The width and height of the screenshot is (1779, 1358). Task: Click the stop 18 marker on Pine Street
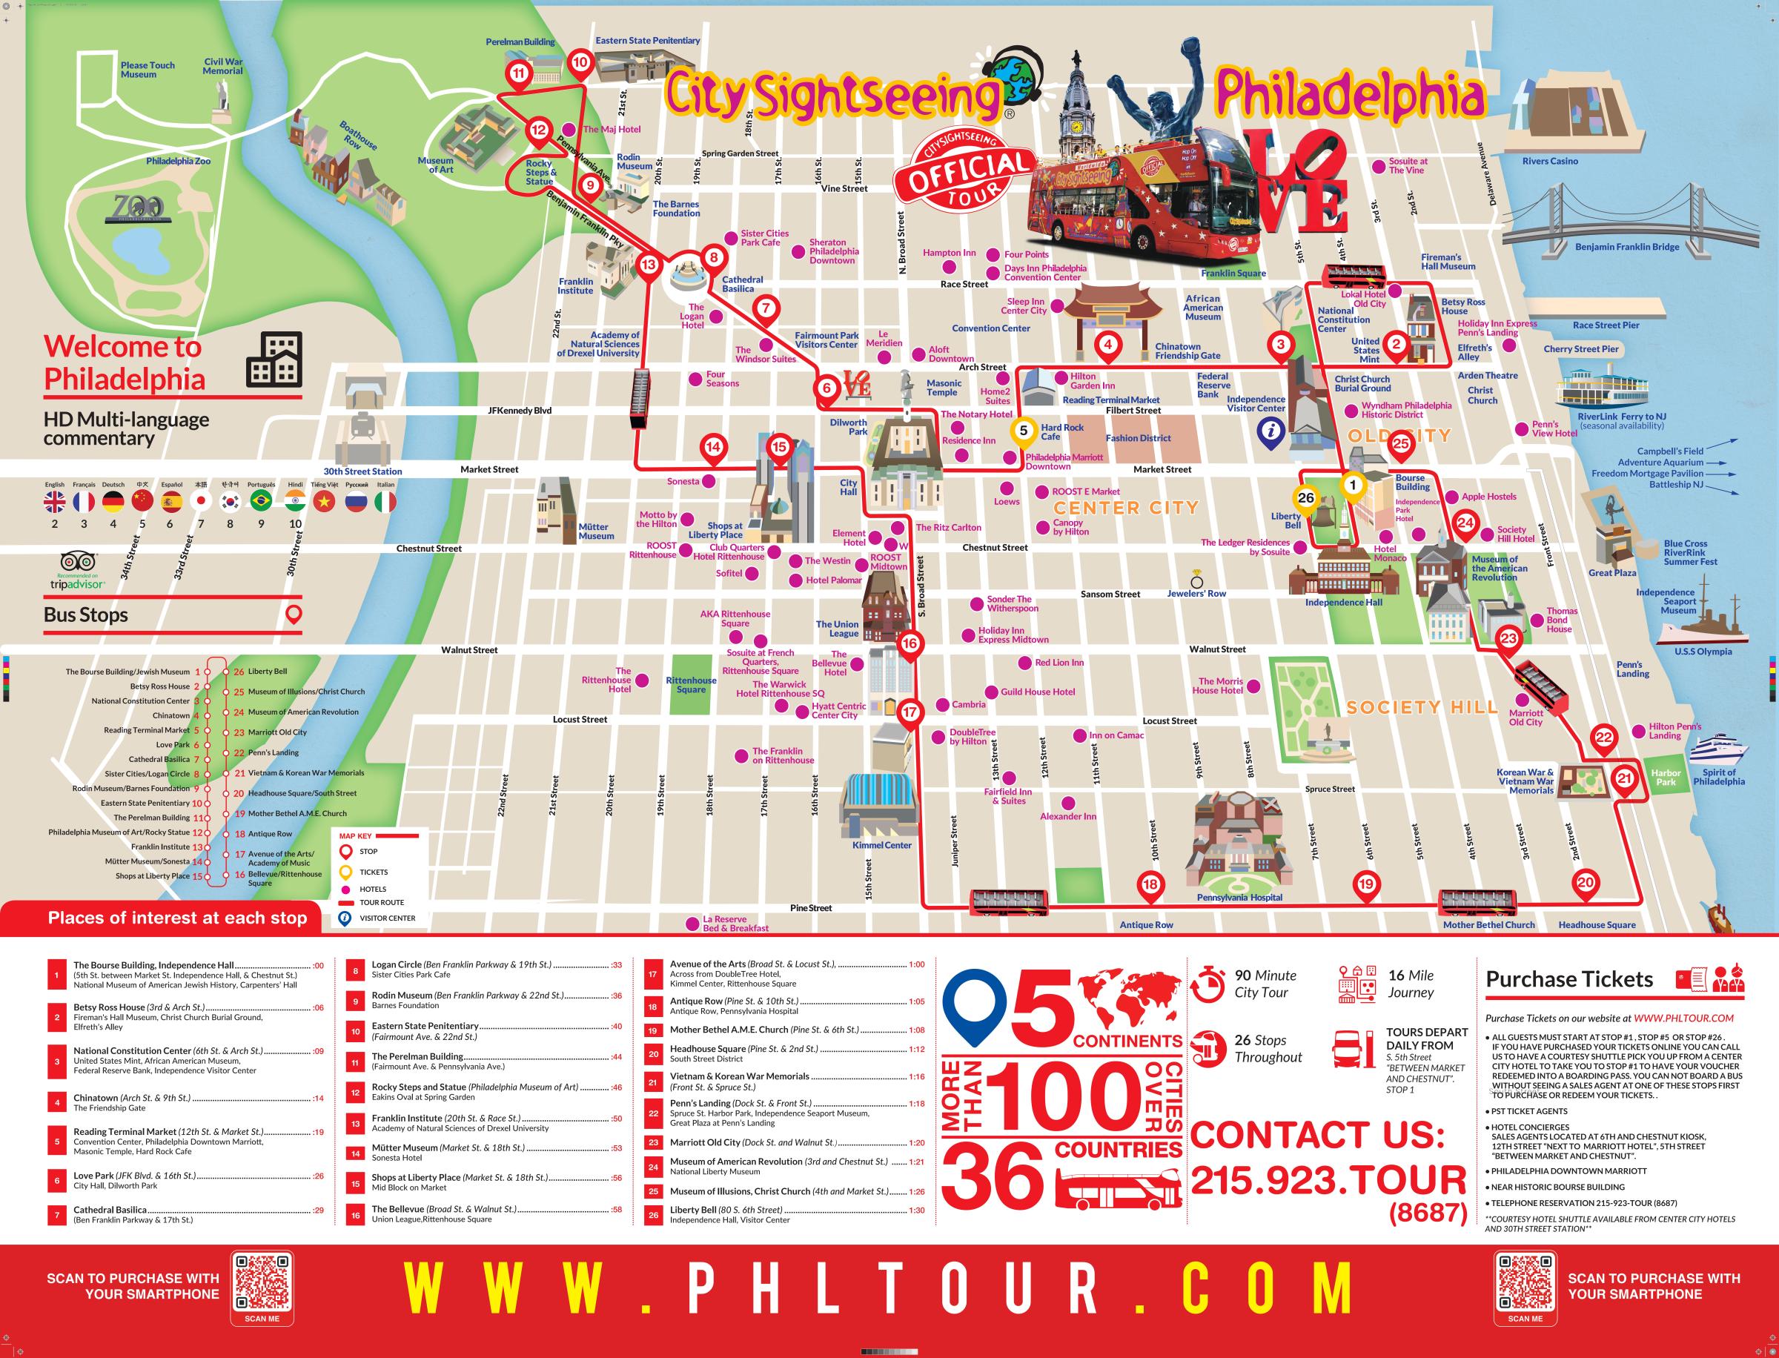1150,884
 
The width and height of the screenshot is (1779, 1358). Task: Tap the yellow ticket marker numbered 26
1305,499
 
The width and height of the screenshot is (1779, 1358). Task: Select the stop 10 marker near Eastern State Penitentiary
580,62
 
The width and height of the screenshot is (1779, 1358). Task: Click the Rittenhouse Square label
691,685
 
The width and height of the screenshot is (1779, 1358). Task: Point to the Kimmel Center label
881,845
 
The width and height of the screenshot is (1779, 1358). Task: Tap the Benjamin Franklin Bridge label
1626,247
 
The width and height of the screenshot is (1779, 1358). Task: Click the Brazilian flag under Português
261,501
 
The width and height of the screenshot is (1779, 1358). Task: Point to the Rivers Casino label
1549,161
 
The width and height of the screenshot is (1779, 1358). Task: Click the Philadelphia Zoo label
178,161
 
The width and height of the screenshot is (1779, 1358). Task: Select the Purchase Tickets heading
1568,979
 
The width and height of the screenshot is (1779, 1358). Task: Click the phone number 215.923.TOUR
1328,1181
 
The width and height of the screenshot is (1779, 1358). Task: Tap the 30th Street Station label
362,471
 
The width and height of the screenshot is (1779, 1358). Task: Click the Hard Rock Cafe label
1061,431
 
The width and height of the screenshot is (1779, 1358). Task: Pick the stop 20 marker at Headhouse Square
1585,883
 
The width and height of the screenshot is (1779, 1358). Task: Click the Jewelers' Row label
1196,593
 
